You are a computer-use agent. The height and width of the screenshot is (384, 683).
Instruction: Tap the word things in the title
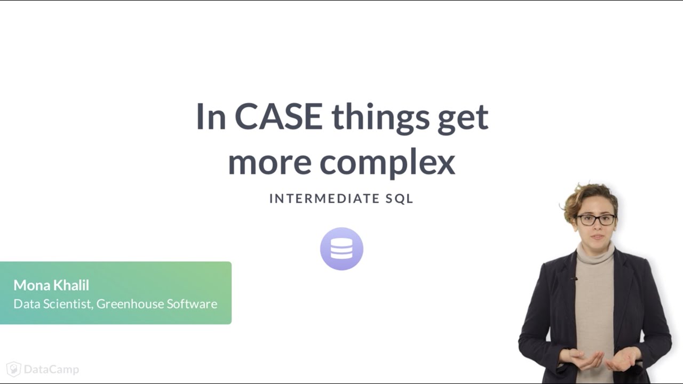[380, 117]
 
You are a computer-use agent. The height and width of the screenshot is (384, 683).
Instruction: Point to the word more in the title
[269, 163]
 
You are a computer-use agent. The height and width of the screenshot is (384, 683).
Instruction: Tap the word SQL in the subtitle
[400, 199]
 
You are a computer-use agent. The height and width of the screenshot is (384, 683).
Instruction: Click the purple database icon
[341, 249]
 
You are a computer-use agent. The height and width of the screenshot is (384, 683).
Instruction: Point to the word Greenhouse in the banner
[130, 304]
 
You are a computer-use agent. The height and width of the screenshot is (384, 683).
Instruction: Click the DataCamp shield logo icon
[14, 369]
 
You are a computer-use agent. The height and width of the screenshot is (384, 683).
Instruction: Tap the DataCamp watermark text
[51, 369]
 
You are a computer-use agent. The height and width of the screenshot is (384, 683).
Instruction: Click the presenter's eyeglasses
[595, 220]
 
